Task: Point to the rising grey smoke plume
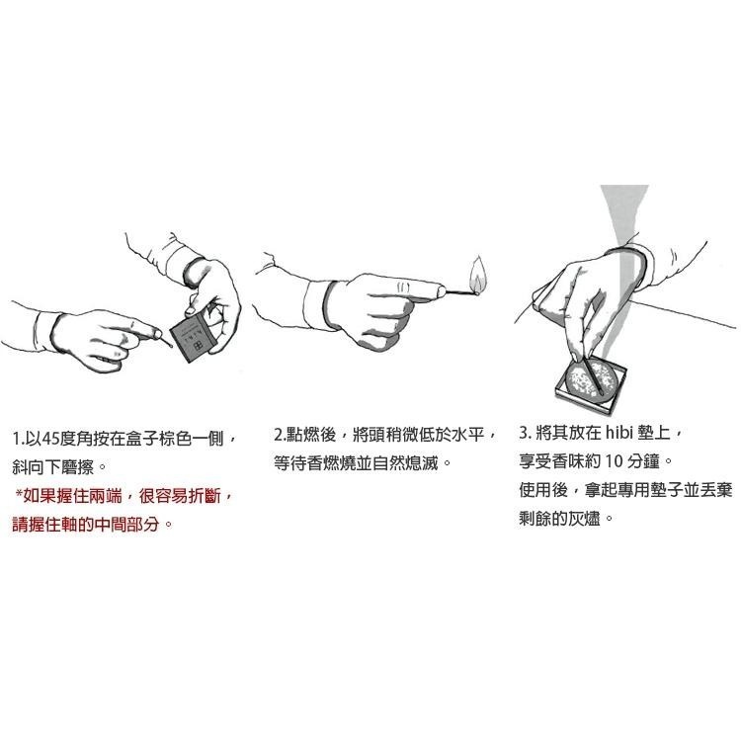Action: click(x=622, y=246)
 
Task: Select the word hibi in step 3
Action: click(x=618, y=433)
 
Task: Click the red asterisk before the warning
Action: click(x=19, y=494)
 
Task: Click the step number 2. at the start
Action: click(x=280, y=435)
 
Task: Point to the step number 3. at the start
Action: click(x=525, y=433)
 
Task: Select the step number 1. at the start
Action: click(x=18, y=439)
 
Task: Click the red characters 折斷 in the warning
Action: click(x=205, y=496)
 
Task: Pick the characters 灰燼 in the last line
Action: click(x=584, y=519)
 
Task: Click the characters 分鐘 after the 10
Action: click(x=643, y=461)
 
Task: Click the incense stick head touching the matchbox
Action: click(x=169, y=345)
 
